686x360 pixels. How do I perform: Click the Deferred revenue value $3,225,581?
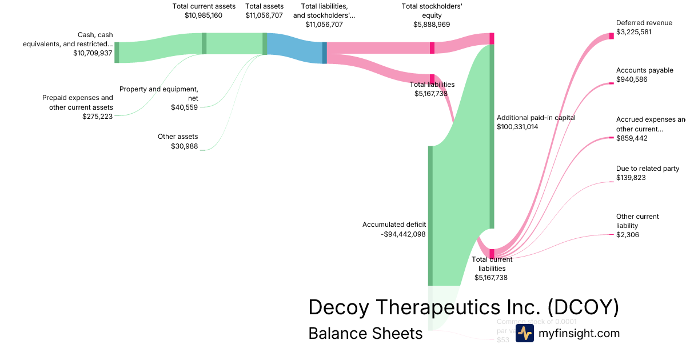pos(634,32)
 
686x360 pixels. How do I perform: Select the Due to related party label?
pos(648,169)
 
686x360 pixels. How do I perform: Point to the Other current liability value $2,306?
pos(628,235)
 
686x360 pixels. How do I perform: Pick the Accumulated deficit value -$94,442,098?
pos(403,234)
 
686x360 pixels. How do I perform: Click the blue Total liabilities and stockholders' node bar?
pos(325,53)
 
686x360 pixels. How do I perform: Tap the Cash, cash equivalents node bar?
pos(117,52)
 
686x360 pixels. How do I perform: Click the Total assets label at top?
pos(264,6)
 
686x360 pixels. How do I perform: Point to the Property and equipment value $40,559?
pos(184,107)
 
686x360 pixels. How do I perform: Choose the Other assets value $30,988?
pos(184,146)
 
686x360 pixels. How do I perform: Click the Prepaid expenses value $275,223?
pos(97,117)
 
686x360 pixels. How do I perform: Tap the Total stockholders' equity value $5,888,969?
pos(432,25)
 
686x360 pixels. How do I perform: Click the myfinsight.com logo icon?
pos(524,333)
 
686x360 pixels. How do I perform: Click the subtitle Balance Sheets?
pos(365,333)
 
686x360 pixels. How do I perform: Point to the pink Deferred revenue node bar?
pos(611,36)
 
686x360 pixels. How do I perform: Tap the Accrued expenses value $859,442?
pos(632,138)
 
